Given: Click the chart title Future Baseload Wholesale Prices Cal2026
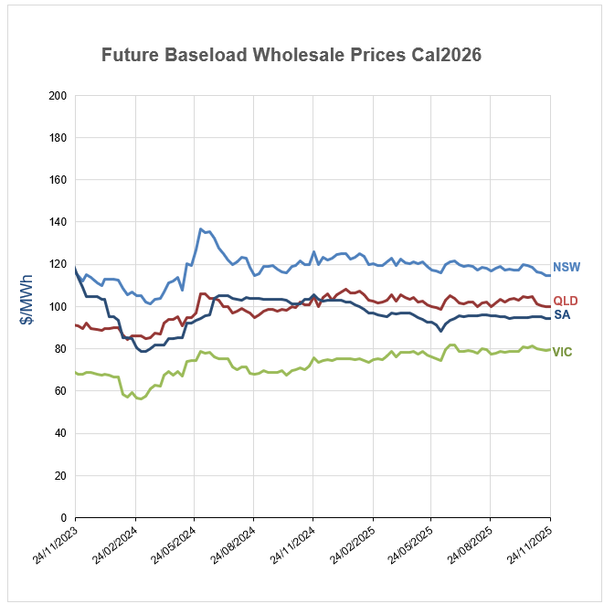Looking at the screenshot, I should tap(291, 55).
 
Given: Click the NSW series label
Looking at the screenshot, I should tap(566, 269).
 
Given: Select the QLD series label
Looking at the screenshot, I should tap(566, 301).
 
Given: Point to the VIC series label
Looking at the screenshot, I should tap(564, 352).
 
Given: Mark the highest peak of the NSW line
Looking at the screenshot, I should tap(201, 229).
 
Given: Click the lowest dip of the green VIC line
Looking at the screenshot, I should tap(140, 399).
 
